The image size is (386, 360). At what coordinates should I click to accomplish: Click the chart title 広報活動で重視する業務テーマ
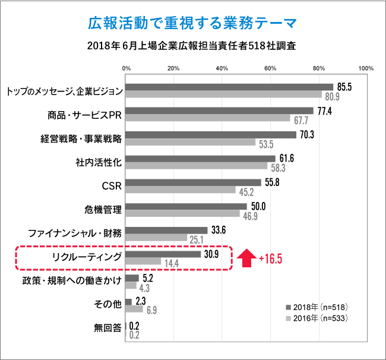(x=192, y=23)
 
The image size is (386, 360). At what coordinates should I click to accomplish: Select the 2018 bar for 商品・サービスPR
(x=219, y=110)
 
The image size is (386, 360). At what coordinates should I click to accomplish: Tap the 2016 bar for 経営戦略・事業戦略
(x=190, y=143)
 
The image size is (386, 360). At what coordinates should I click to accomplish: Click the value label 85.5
(x=345, y=87)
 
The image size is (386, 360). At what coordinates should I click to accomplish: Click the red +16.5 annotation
(x=271, y=258)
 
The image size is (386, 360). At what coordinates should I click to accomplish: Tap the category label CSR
(x=112, y=186)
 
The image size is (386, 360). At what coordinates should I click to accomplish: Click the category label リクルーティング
(x=87, y=257)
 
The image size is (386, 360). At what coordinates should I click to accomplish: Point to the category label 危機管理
(x=103, y=210)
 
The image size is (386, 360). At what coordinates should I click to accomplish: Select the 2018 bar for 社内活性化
(x=200, y=159)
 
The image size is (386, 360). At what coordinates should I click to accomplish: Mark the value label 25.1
(x=196, y=239)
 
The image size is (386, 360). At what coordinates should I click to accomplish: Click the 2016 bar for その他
(x=134, y=309)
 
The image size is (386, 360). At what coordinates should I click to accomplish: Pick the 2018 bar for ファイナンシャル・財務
(x=166, y=230)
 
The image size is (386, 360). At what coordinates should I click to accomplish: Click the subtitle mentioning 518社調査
(x=192, y=45)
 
